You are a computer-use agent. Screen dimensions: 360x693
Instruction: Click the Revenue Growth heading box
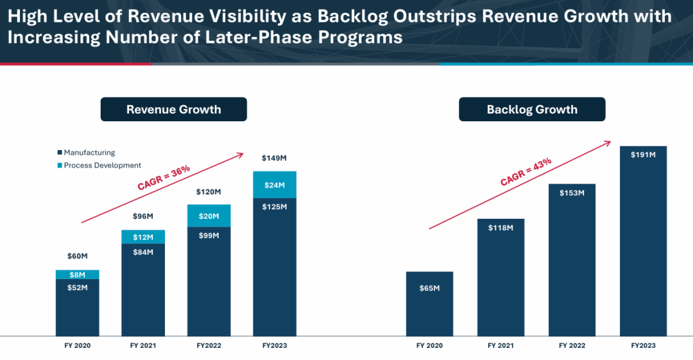[x=173, y=109]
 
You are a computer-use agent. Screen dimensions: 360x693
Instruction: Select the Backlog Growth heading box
[x=532, y=109]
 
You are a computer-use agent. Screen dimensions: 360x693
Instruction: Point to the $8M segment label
[x=77, y=275]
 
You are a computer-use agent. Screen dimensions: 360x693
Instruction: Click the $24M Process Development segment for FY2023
[x=275, y=185]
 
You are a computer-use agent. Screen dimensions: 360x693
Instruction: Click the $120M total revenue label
[x=209, y=192]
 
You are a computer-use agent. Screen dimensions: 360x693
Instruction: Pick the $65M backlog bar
[x=430, y=304]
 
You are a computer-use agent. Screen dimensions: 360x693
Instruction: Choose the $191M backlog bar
[x=643, y=241]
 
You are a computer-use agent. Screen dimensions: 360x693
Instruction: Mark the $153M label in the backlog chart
[x=572, y=193]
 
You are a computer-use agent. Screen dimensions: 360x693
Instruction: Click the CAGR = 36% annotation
[x=164, y=178]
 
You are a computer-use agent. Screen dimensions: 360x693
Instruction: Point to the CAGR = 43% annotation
[x=526, y=171]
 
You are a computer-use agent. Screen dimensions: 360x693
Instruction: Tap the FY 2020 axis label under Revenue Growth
[x=77, y=346]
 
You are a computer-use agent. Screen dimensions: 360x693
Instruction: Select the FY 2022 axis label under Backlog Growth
[x=572, y=346]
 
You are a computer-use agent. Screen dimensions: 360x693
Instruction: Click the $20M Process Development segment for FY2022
[x=209, y=216]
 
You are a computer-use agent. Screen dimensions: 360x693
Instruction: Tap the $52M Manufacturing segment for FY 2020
[x=77, y=307]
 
